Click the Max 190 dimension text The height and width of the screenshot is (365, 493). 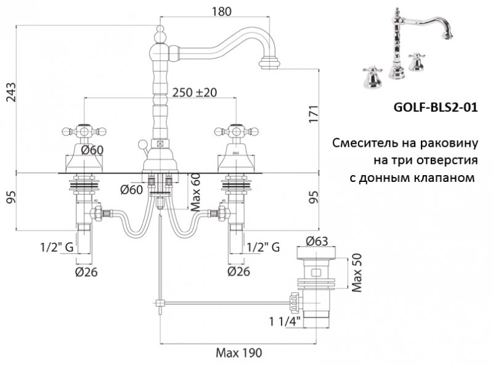pyautogui.click(x=238, y=353)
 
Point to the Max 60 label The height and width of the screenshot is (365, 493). pyautogui.click(x=195, y=192)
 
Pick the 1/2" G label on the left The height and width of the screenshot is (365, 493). pyautogui.click(x=57, y=247)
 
